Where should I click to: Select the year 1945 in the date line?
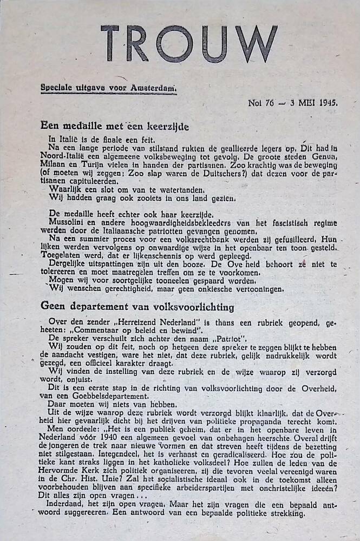[x=329, y=102]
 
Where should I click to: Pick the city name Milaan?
[x=55, y=163]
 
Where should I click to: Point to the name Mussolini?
[x=69, y=222]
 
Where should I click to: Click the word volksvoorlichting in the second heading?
[x=192, y=307]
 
